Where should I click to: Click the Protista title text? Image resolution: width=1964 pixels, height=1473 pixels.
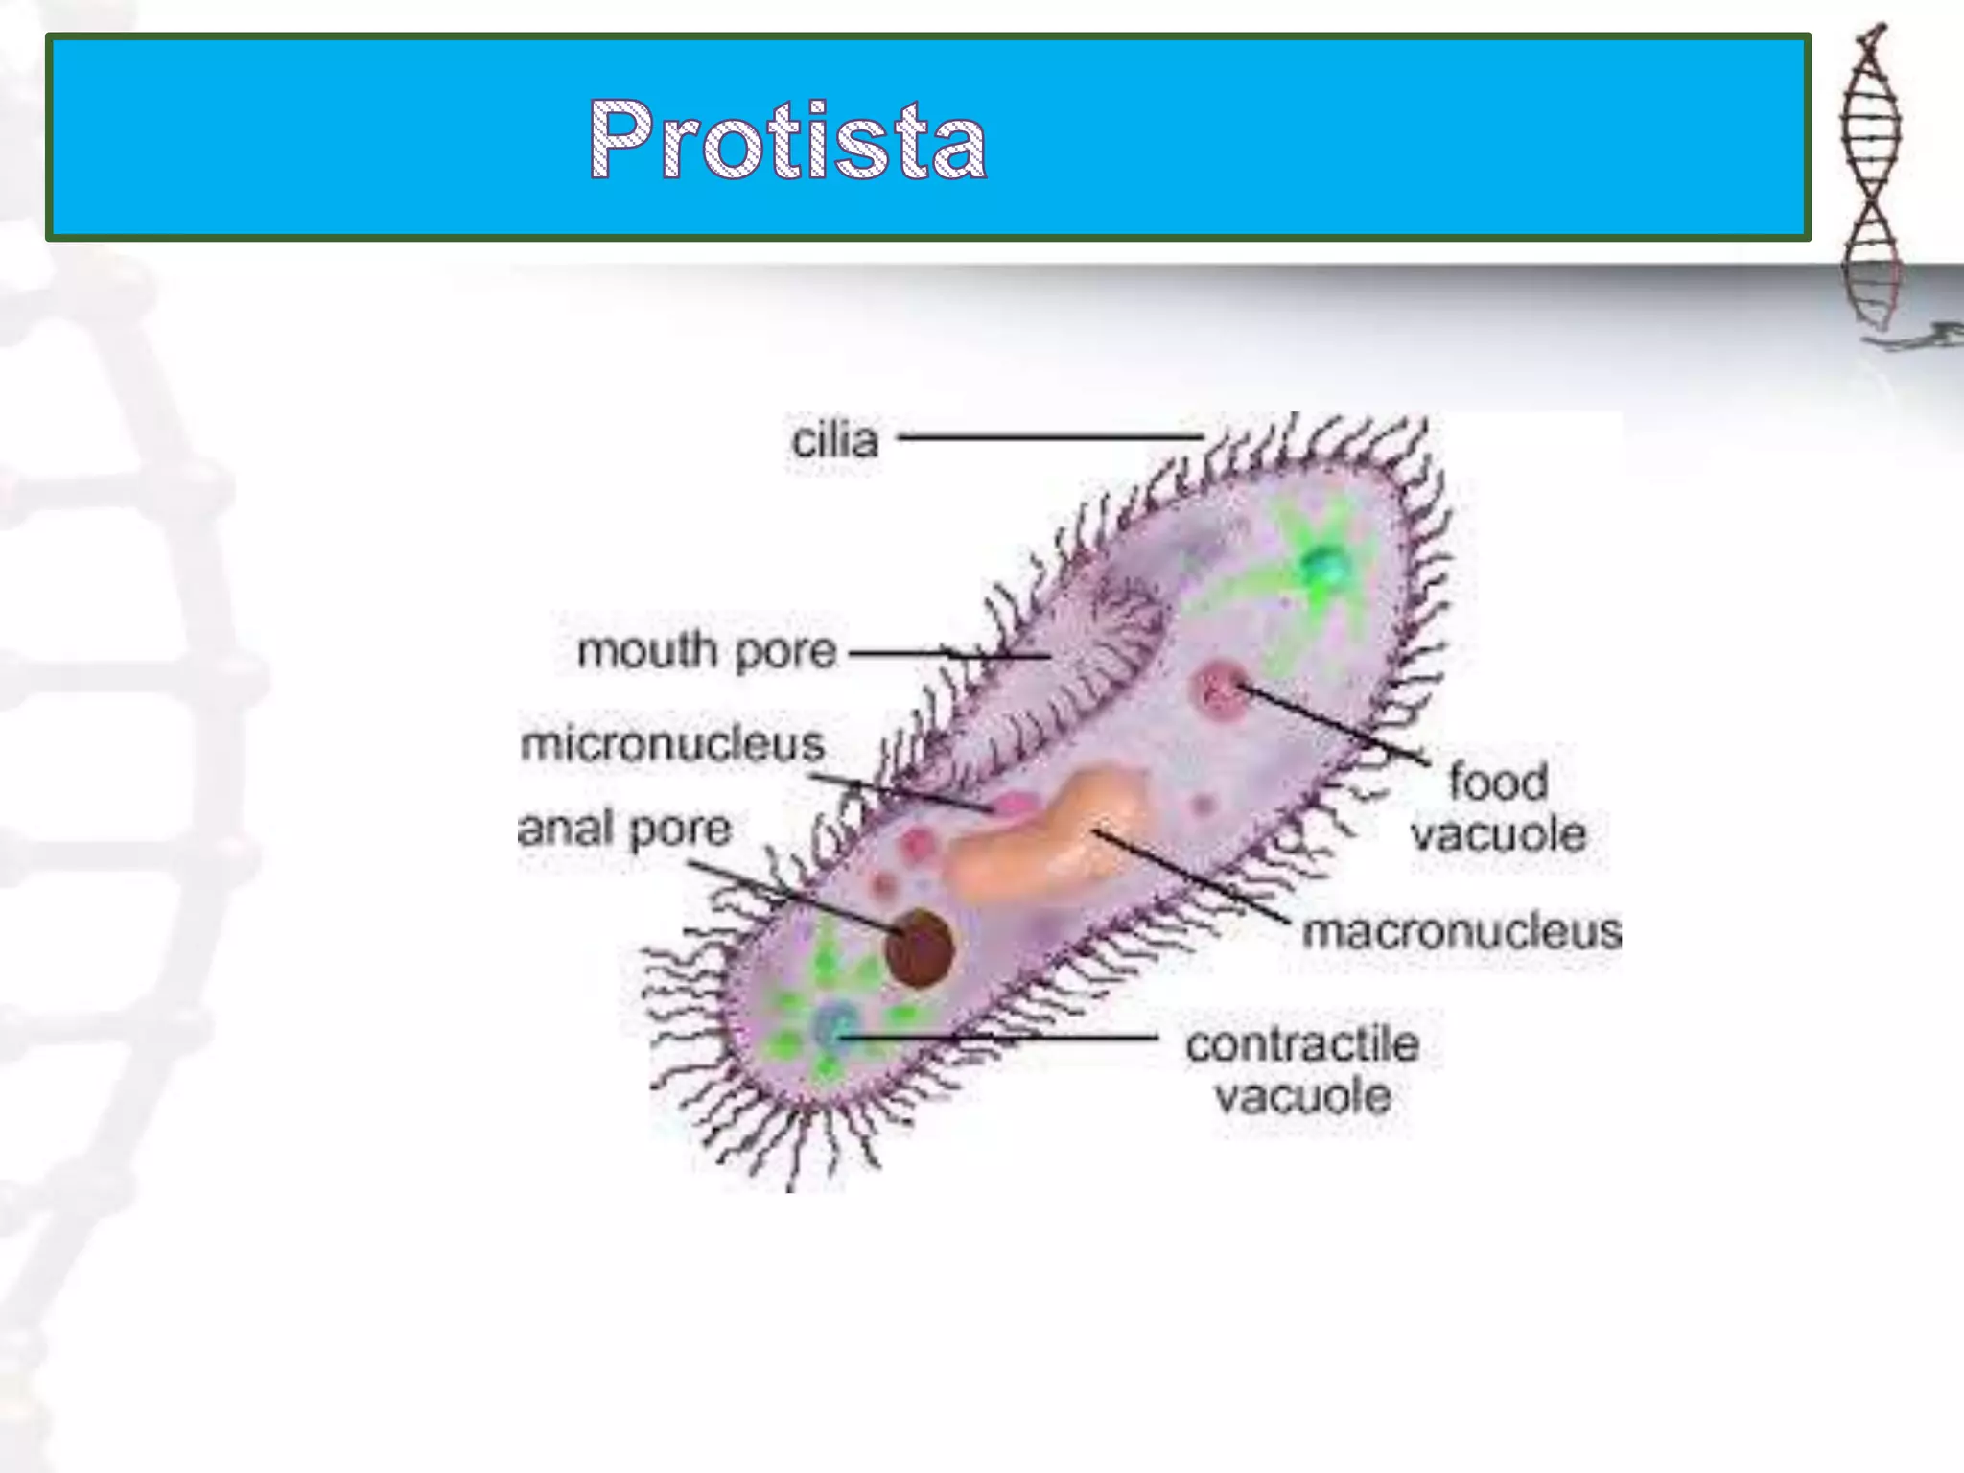pos(787,140)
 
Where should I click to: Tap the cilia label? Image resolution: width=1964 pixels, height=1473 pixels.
pos(834,441)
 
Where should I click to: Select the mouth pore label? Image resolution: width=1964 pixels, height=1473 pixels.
pos(707,651)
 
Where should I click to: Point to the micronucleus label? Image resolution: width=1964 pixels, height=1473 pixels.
pos(672,744)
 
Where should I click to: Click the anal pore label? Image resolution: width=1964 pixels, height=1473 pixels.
pos(624,829)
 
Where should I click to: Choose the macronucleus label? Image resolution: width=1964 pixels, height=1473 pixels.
pos(1461,931)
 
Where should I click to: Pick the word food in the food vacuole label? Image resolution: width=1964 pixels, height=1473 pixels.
pos(1498,782)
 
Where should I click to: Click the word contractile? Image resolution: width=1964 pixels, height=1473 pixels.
pos(1302,1044)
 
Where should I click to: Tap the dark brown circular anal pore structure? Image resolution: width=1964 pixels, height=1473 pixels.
pos(919,947)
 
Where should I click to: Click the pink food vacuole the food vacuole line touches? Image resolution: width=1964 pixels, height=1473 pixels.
pos(1220,689)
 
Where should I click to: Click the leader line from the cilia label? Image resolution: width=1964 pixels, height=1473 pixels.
pos(1050,436)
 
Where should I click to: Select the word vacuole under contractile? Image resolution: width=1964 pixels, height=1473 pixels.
pos(1302,1096)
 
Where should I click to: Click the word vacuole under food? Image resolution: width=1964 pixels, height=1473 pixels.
pos(1498,834)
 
